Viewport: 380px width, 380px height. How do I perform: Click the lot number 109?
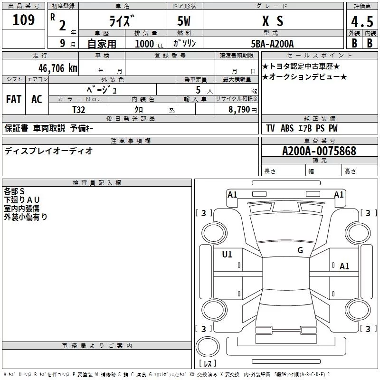tap(24, 20)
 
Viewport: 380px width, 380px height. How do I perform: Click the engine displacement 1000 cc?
tap(149, 44)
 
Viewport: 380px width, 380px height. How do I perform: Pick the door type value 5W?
tap(185, 21)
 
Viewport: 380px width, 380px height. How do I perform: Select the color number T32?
tap(79, 109)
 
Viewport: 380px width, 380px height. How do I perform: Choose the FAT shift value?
tap(13, 99)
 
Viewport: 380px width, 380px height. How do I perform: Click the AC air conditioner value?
tap(37, 99)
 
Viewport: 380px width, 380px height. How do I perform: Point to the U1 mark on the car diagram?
tap(227, 255)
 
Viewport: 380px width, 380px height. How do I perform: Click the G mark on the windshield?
tap(300, 250)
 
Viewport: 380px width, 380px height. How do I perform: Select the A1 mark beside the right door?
tap(344, 266)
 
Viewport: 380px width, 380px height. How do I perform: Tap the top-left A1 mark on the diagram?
tap(232, 194)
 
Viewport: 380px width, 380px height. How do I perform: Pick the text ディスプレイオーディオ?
tap(48, 151)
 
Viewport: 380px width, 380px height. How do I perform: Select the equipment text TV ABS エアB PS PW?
tap(302, 128)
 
